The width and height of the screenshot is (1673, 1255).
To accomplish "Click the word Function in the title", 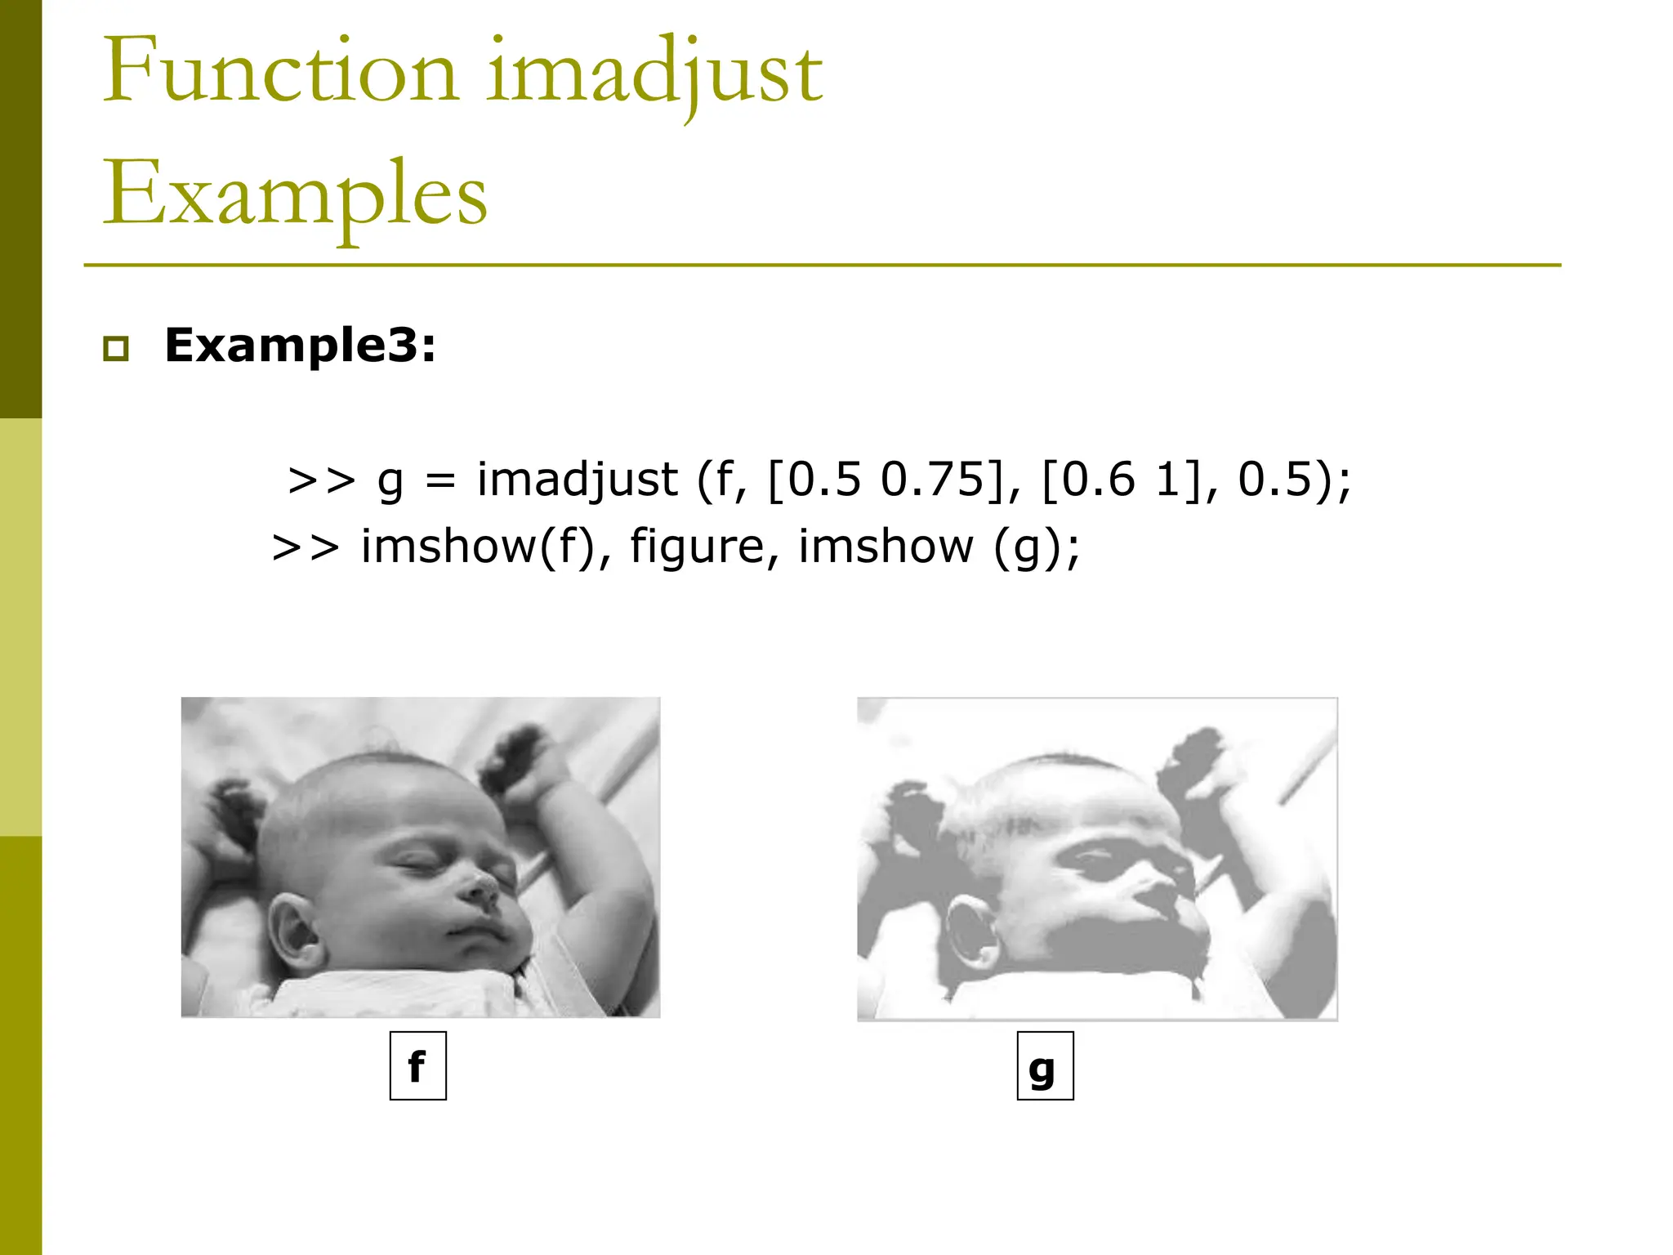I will coord(280,72).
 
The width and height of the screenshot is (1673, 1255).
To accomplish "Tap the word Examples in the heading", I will coord(294,194).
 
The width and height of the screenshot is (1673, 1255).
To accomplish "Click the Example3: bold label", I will coord(300,345).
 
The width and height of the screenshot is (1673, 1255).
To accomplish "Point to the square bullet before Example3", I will coord(116,348).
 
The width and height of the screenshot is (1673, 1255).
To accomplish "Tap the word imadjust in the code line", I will coord(577,480).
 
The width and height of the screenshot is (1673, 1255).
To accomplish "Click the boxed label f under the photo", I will coord(417,1066).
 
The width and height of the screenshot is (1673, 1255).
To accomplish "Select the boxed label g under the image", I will coord(1045,1066).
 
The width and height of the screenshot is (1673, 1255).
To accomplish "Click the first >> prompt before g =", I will coord(321,480).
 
